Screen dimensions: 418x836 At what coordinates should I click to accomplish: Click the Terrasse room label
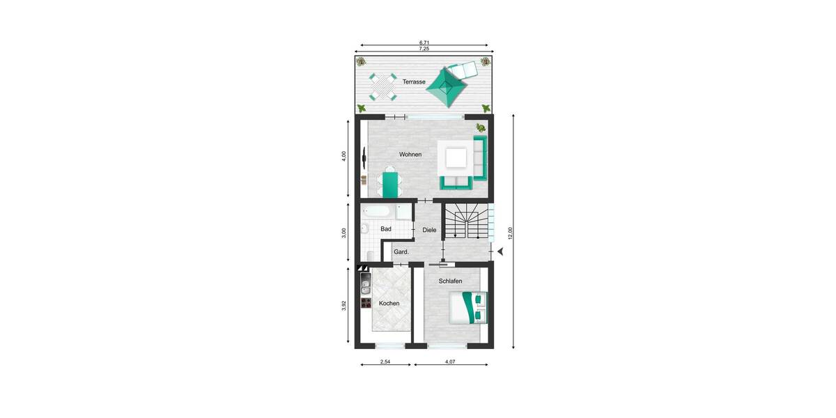click(x=414, y=82)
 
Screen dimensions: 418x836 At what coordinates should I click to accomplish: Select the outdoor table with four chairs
click(x=382, y=86)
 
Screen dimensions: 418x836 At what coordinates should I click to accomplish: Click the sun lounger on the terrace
click(x=464, y=70)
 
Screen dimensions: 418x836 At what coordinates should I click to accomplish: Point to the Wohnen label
click(x=410, y=154)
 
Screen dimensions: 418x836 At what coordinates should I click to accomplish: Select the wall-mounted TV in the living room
click(x=364, y=159)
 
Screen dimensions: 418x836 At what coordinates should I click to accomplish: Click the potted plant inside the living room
click(x=480, y=127)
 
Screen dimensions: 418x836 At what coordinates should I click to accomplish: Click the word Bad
click(x=385, y=229)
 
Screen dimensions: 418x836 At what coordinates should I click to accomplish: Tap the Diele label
click(x=429, y=230)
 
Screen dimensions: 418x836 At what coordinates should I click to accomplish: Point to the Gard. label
click(x=401, y=251)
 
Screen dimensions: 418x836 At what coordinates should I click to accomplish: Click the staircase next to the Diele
click(x=466, y=221)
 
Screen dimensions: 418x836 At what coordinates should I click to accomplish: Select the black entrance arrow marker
click(x=500, y=251)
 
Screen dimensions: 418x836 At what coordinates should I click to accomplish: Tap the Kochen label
click(x=389, y=304)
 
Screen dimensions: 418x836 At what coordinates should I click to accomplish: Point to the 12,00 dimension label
click(x=510, y=233)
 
